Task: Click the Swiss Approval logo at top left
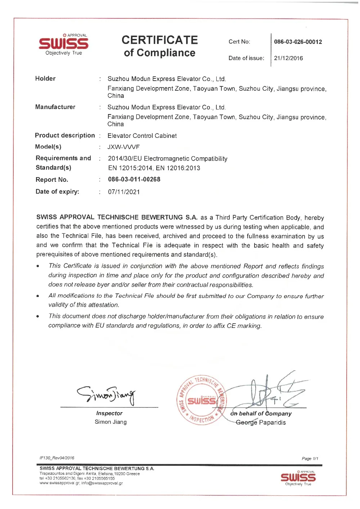tap(63, 44)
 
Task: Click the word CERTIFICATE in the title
tap(159, 40)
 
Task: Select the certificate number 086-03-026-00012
tap(298, 42)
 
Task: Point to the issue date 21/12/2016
tap(288, 58)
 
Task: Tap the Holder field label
tap(45, 78)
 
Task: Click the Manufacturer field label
tap(55, 107)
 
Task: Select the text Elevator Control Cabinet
tap(142, 136)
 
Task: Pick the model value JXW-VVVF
tap(123, 147)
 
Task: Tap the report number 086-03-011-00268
tap(134, 179)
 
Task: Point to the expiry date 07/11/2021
tap(124, 192)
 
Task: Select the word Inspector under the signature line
tap(109, 413)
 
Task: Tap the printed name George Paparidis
tap(261, 423)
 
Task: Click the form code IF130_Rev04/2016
tap(57, 458)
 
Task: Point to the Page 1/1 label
tap(310, 459)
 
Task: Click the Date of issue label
tap(246, 58)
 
